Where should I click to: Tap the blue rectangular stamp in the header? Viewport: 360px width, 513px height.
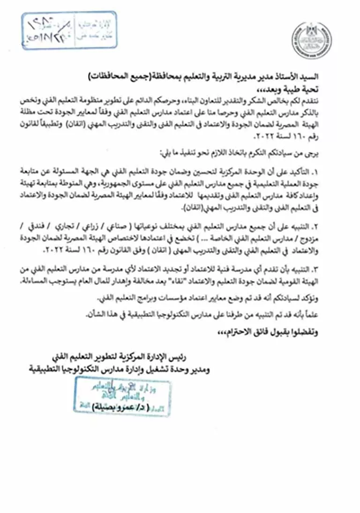coord(69,30)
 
